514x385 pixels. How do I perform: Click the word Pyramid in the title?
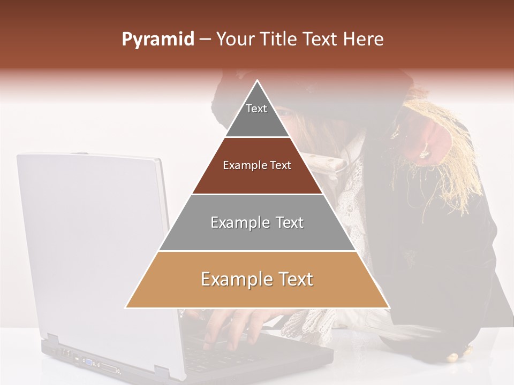click(x=158, y=40)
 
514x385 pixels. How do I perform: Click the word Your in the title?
click(x=234, y=40)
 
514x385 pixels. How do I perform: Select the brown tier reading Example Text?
click(x=257, y=166)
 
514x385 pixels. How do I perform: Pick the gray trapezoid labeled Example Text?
click(x=257, y=222)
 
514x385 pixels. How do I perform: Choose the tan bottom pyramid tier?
click(x=257, y=280)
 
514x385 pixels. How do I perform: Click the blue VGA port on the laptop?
click(x=87, y=361)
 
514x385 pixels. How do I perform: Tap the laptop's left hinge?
click(x=52, y=340)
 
